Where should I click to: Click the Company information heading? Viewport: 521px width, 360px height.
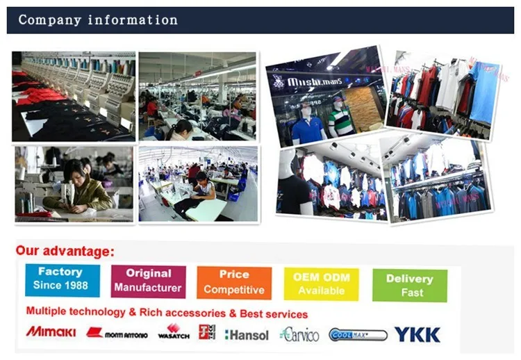pyautogui.click(x=98, y=19)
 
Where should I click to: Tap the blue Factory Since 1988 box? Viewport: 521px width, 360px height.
pyautogui.click(x=62, y=279)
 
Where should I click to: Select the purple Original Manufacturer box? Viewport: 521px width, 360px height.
pyautogui.click(x=148, y=281)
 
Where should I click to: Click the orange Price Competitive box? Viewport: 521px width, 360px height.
pyautogui.click(x=234, y=282)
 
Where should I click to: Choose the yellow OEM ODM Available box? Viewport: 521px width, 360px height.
pyautogui.click(x=321, y=284)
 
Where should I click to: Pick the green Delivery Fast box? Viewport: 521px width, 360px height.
pyautogui.click(x=409, y=286)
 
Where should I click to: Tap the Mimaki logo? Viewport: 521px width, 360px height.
pyautogui.click(x=51, y=332)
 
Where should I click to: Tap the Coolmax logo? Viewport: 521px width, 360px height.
pyautogui.click(x=358, y=335)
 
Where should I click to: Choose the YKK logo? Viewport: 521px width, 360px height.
pyautogui.click(x=417, y=334)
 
